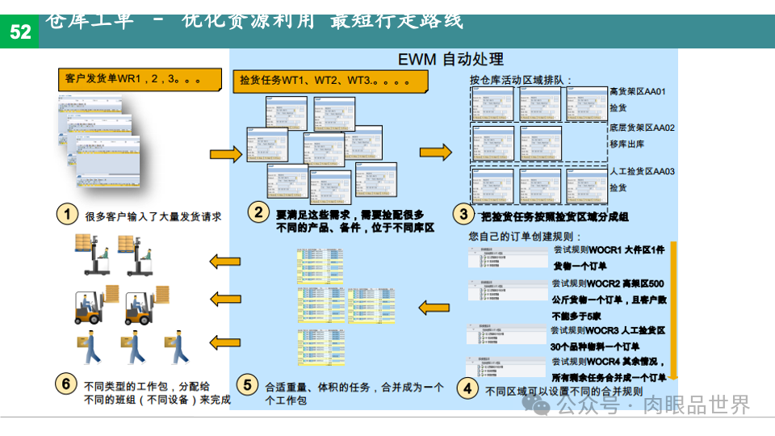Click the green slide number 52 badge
tap(19, 31)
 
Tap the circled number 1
tap(67, 215)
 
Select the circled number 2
tap(258, 213)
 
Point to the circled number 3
tap(463, 215)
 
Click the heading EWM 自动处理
tap(451, 60)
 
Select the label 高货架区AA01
tap(638, 92)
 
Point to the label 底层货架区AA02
tap(642, 128)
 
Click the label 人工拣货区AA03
tap(642, 172)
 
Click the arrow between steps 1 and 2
tap(225, 154)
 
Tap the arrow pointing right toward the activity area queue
tap(436, 152)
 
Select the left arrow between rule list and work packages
tap(433, 306)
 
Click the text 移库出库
tap(626, 145)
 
